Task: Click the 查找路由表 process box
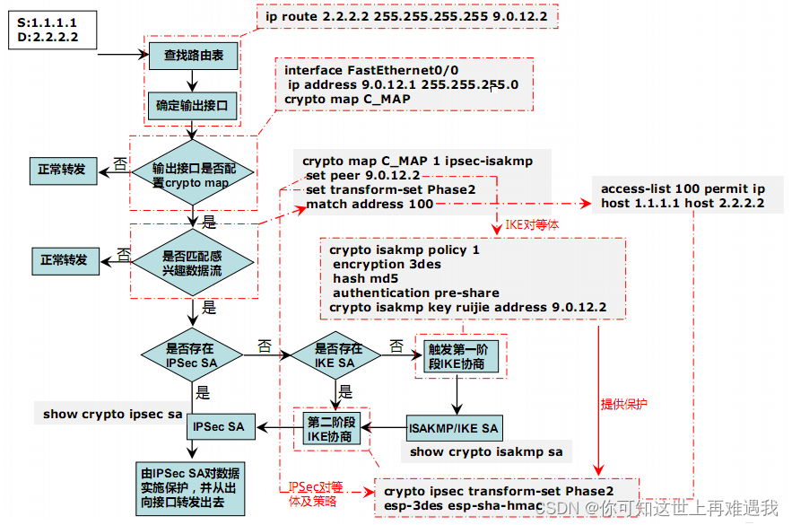coord(193,56)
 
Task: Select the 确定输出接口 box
coord(193,106)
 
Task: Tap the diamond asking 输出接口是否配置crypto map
coord(191,175)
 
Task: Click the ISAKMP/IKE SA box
coord(453,428)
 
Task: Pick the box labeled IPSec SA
coord(221,427)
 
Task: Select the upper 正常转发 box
coord(62,169)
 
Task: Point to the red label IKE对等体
coord(533,224)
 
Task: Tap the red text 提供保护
coord(623,404)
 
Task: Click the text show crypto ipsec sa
coord(112,415)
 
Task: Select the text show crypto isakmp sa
coord(486,451)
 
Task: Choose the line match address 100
coord(370,205)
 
